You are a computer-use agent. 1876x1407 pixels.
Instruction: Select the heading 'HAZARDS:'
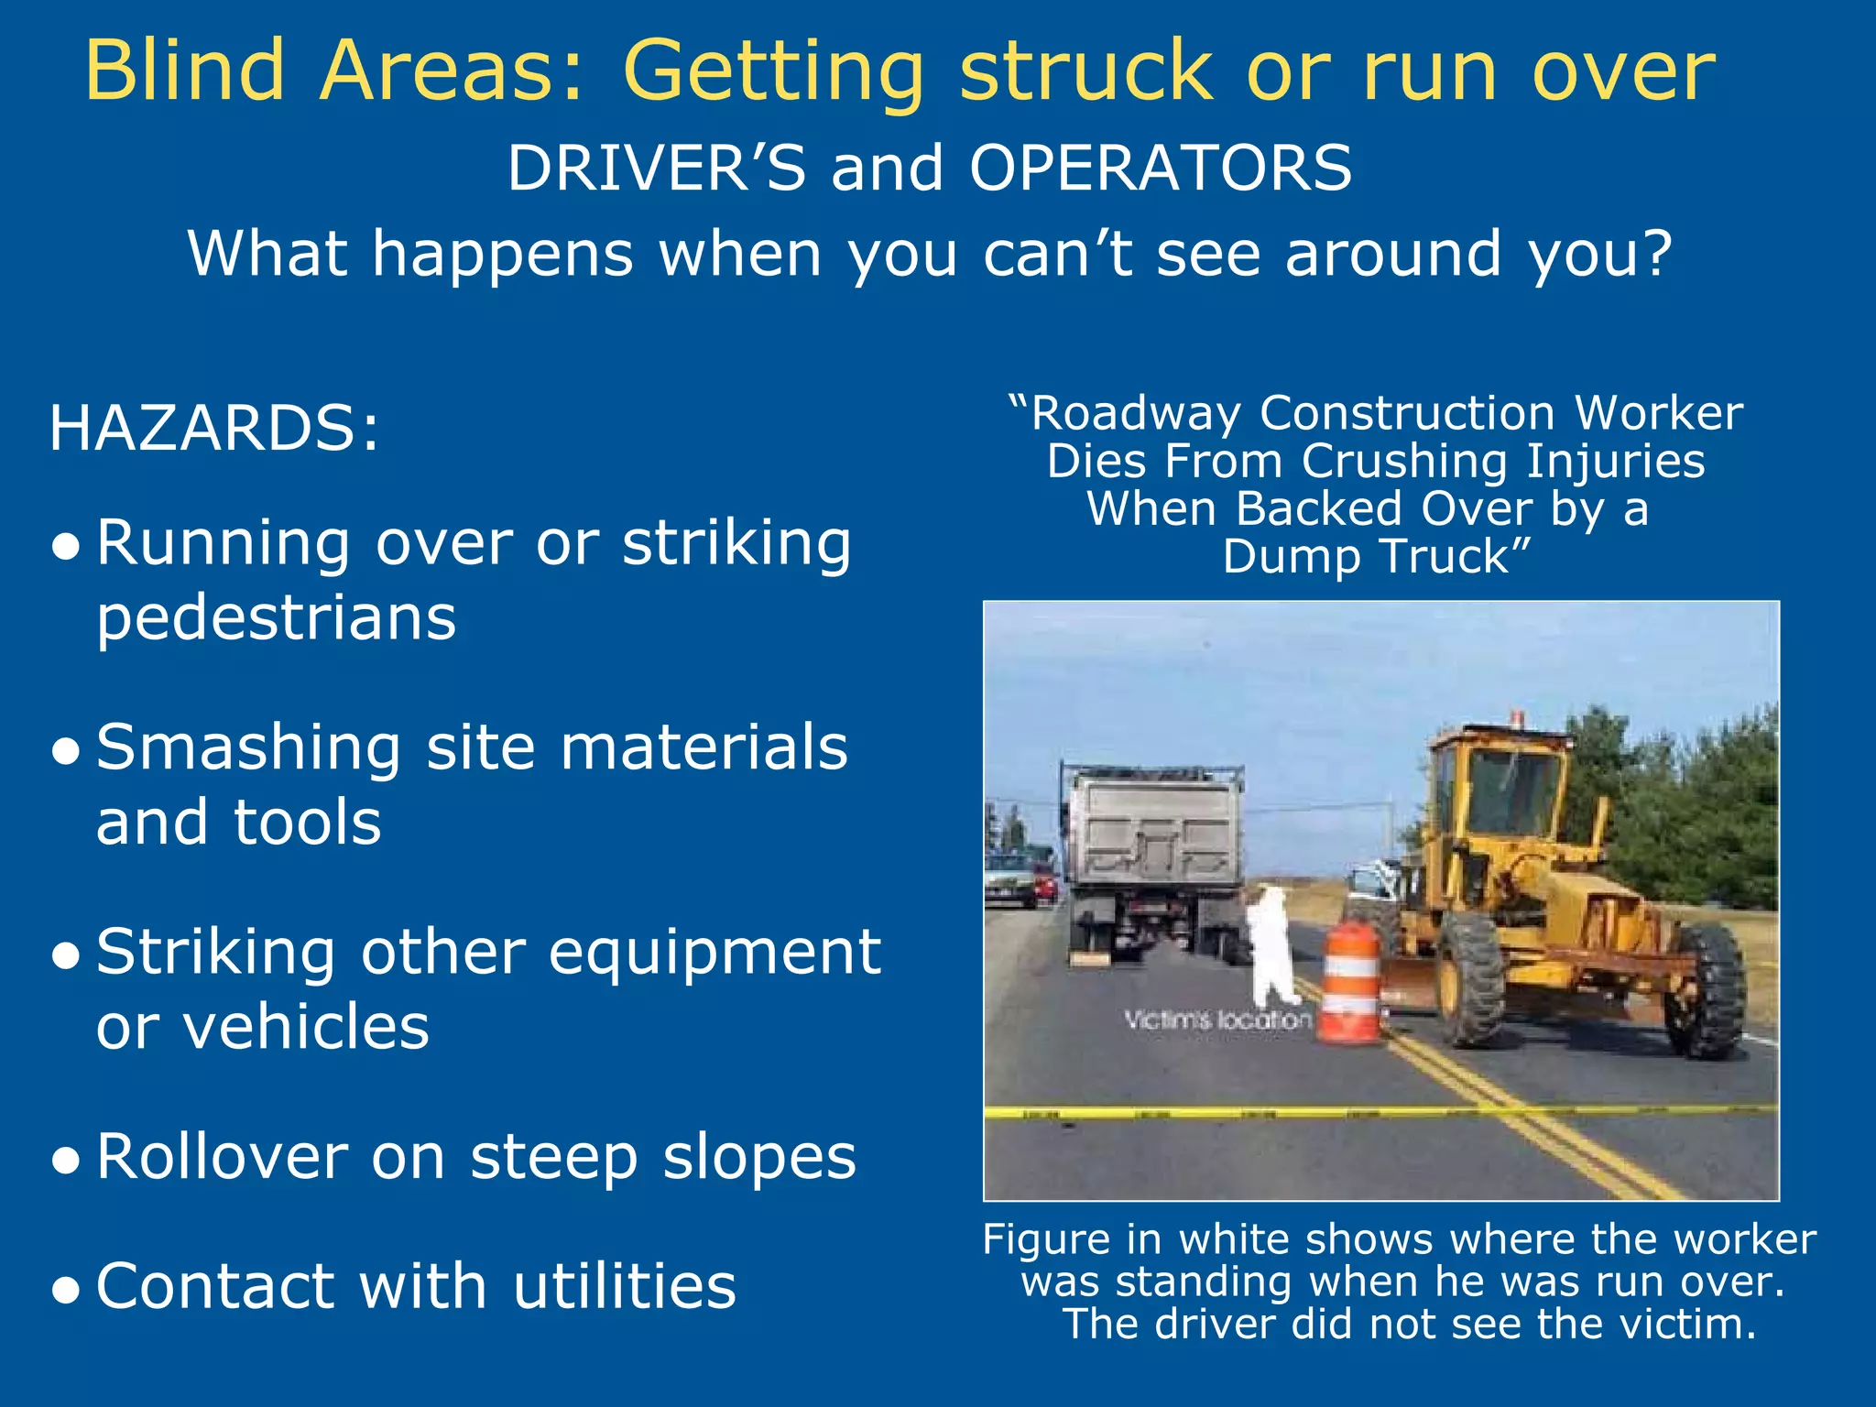pyautogui.click(x=213, y=429)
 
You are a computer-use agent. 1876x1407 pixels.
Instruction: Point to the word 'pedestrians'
pyautogui.click(x=276, y=617)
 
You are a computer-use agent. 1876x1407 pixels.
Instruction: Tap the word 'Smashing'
pyautogui.click(x=248, y=748)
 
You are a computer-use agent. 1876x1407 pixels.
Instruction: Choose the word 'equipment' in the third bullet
pyautogui.click(x=714, y=953)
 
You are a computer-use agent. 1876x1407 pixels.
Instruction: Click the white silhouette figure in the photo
pyautogui.click(x=1272, y=943)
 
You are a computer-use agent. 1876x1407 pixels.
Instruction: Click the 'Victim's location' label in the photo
pyautogui.click(x=1217, y=1020)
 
